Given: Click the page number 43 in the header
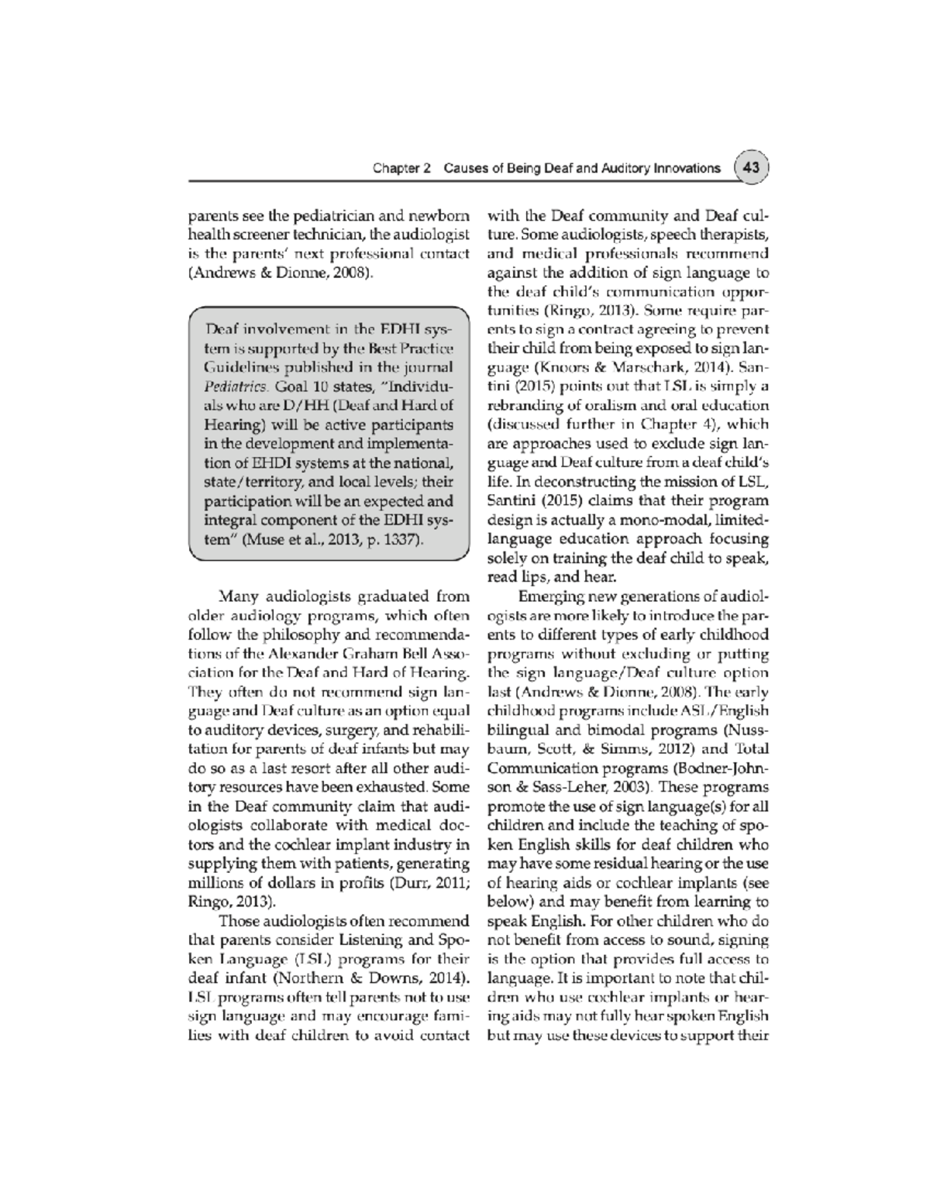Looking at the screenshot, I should coord(751,167).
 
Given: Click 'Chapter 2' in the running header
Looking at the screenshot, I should coord(401,168).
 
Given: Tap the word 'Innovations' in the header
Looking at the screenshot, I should coord(686,168).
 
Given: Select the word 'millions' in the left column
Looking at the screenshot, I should coord(213,883).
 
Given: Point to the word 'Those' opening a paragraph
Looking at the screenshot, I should coord(239,921).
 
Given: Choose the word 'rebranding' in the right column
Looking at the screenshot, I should coord(522,404).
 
